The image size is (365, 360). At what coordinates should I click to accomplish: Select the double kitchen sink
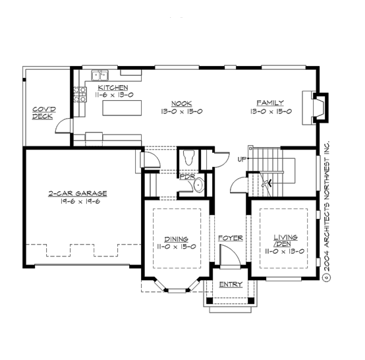(x=99, y=75)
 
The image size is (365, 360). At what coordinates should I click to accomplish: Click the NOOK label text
(x=182, y=104)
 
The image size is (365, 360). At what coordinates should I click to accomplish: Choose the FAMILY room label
(x=270, y=103)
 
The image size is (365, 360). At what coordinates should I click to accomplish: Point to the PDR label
(x=187, y=177)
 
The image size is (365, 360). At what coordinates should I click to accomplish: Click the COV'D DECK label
(x=43, y=113)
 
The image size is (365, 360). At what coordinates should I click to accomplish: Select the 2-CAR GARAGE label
(x=77, y=193)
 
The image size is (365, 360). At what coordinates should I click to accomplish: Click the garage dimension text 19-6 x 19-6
(x=77, y=201)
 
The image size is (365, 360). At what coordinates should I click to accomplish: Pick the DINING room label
(x=176, y=239)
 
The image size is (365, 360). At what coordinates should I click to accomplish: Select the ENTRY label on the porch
(x=231, y=285)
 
